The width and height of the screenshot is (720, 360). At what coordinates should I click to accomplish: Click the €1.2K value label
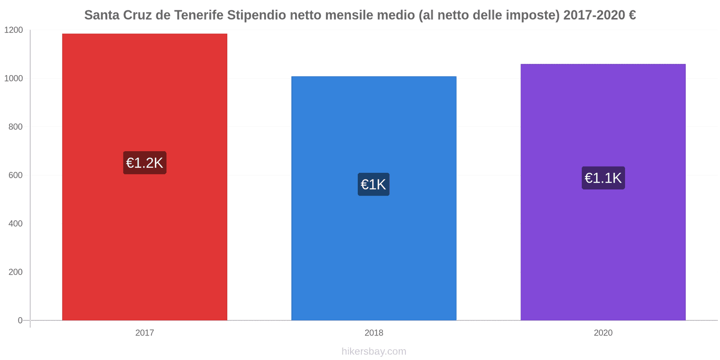click(x=144, y=163)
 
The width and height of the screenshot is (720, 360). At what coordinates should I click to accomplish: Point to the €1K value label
click(x=373, y=184)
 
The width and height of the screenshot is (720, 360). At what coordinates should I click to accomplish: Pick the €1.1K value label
click(x=603, y=178)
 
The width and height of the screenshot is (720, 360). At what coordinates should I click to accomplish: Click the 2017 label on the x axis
click(x=144, y=333)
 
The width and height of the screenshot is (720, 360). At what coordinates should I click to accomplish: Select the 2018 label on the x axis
click(x=373, y=333)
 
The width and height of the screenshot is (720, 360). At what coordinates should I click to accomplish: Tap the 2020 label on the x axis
click(x=603, y=333)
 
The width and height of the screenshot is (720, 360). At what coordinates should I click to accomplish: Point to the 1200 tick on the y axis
click(x=13, y=30)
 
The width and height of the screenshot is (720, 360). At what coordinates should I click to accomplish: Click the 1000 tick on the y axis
click(x=13, y=78)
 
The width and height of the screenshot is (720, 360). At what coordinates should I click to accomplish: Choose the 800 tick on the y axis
click(x=15, y=127)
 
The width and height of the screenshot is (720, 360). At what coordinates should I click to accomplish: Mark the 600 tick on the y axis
click(x=15, y=175)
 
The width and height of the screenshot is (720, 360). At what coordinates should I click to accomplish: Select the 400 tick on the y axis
click(x=15, y=224)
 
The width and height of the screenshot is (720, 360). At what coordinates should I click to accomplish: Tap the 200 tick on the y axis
click(x=15, y=272)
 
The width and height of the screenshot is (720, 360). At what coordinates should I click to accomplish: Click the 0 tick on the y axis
click(x=20, y=320)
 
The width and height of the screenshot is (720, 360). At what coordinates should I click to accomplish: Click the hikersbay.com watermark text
click(x=373, y=351)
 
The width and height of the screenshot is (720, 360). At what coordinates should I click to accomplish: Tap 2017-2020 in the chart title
click(x=594, y=15)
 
